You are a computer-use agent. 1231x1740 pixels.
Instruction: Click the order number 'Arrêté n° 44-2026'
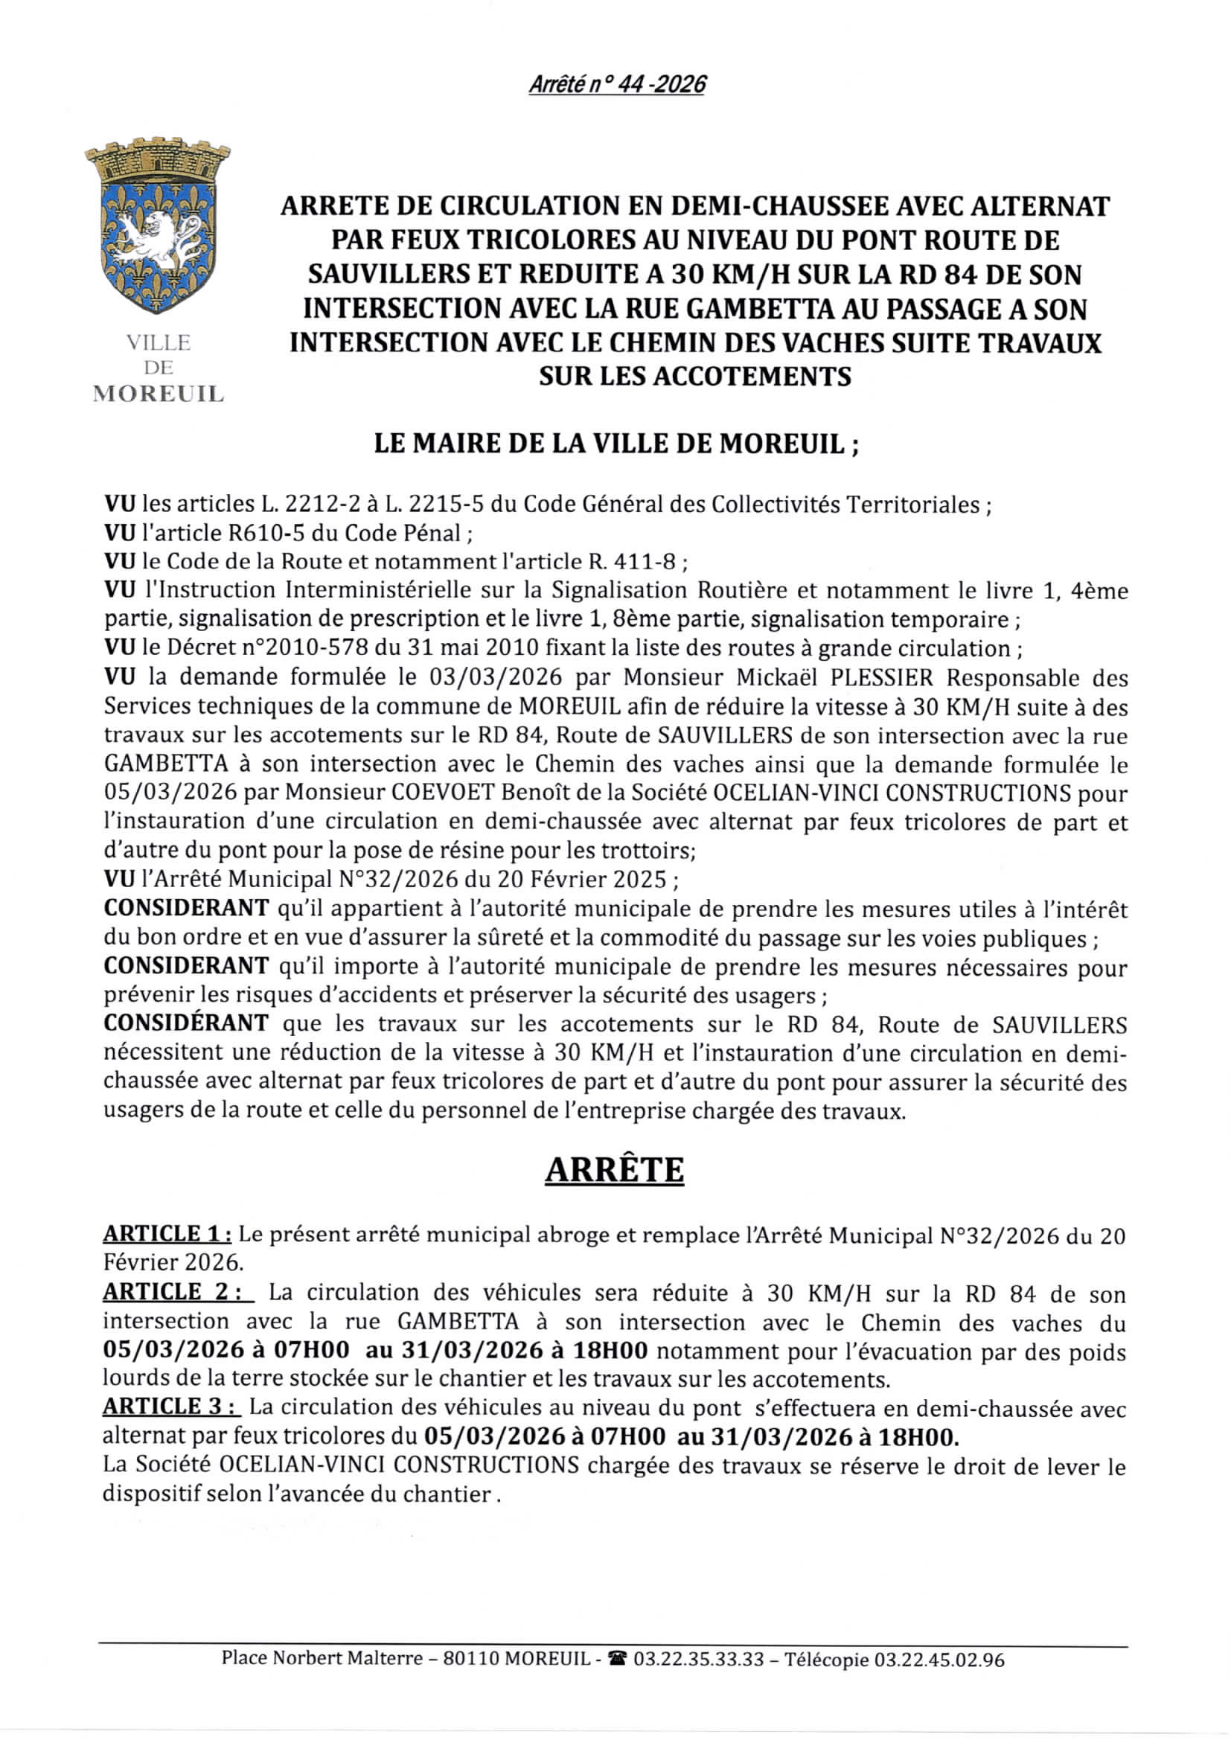pyautogui.click(x=616, y=84)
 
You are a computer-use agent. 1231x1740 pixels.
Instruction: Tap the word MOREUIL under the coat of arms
pyautogui.click(x=159, y=394)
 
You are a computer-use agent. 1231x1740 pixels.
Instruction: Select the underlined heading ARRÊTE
pyautogui.click(x=615, y=1170)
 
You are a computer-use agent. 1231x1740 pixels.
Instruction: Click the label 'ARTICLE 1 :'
pyautogui.click(x=167, y=1234)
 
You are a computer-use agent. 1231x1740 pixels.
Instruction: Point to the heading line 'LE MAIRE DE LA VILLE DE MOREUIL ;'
pyautogui.click(x=616, y=444)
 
